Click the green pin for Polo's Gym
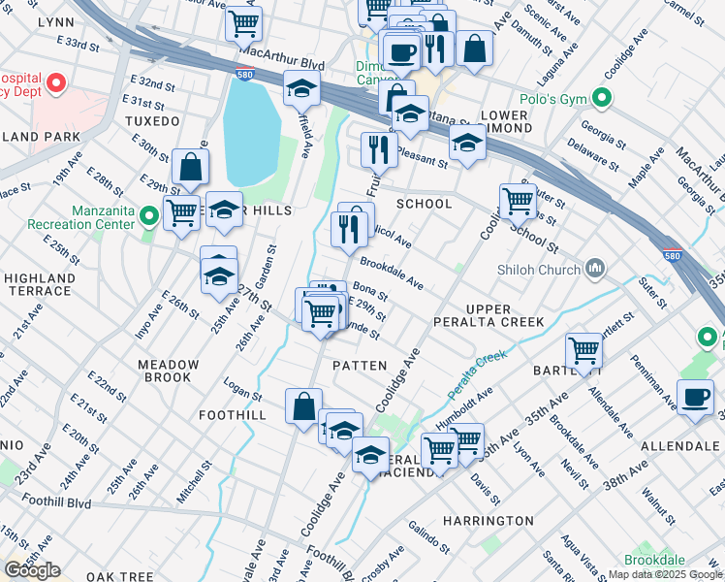602,98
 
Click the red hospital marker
56,83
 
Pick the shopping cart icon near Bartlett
584,351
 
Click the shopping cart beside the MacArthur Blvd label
243,22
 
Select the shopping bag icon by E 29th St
191,167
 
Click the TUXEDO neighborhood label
152,121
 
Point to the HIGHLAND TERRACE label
39,284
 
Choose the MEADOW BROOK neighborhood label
168,372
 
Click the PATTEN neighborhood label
360,365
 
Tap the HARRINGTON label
488,521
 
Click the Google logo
32,570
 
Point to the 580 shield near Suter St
672,255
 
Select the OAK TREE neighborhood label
119,576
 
